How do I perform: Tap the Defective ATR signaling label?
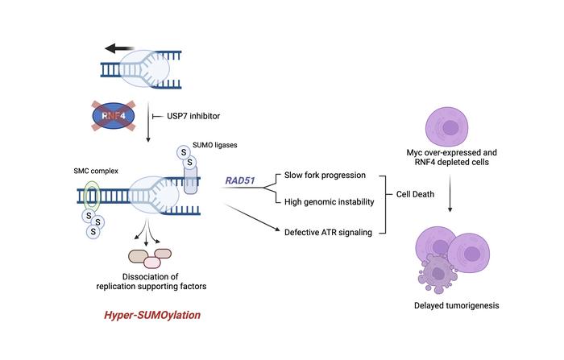[328, 232]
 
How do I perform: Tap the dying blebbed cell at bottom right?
[442, 274]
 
